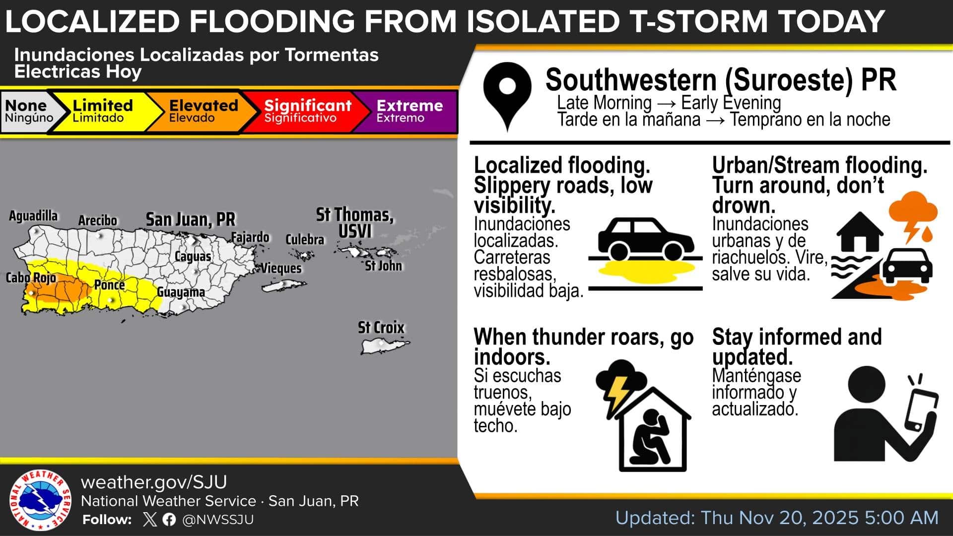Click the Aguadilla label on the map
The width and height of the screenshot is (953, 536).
pos(33,216)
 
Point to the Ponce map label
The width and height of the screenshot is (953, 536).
pos(110,285)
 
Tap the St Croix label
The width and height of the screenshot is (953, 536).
pos(381,328)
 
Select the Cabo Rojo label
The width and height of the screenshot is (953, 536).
pos(31,277)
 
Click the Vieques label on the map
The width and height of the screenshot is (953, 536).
pos(281,268)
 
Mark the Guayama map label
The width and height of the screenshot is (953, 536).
pos(181,292)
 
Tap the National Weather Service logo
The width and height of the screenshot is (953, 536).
pos(40,501)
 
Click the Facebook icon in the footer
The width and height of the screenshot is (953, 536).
pos(169,520)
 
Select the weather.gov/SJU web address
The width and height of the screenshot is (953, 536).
pos(154,482)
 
